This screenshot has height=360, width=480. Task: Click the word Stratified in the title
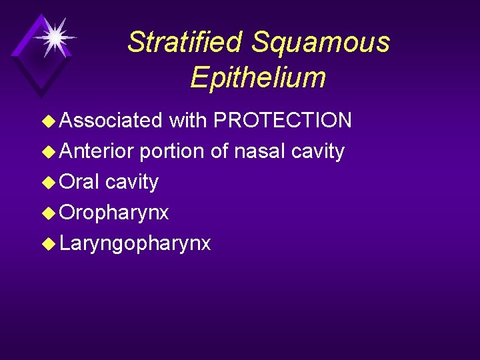click(185, 42)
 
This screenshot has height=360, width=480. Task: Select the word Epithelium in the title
click(258, 78)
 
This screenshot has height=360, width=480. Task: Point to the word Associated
click(111, 120)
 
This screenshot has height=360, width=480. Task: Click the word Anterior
click(97, 151)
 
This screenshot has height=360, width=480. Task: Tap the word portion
click(173, 151)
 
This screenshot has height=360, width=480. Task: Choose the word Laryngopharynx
click(135, 244)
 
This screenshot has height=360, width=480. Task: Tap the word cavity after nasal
click(318, 151)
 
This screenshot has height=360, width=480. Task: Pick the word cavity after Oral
click(132, 182)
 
